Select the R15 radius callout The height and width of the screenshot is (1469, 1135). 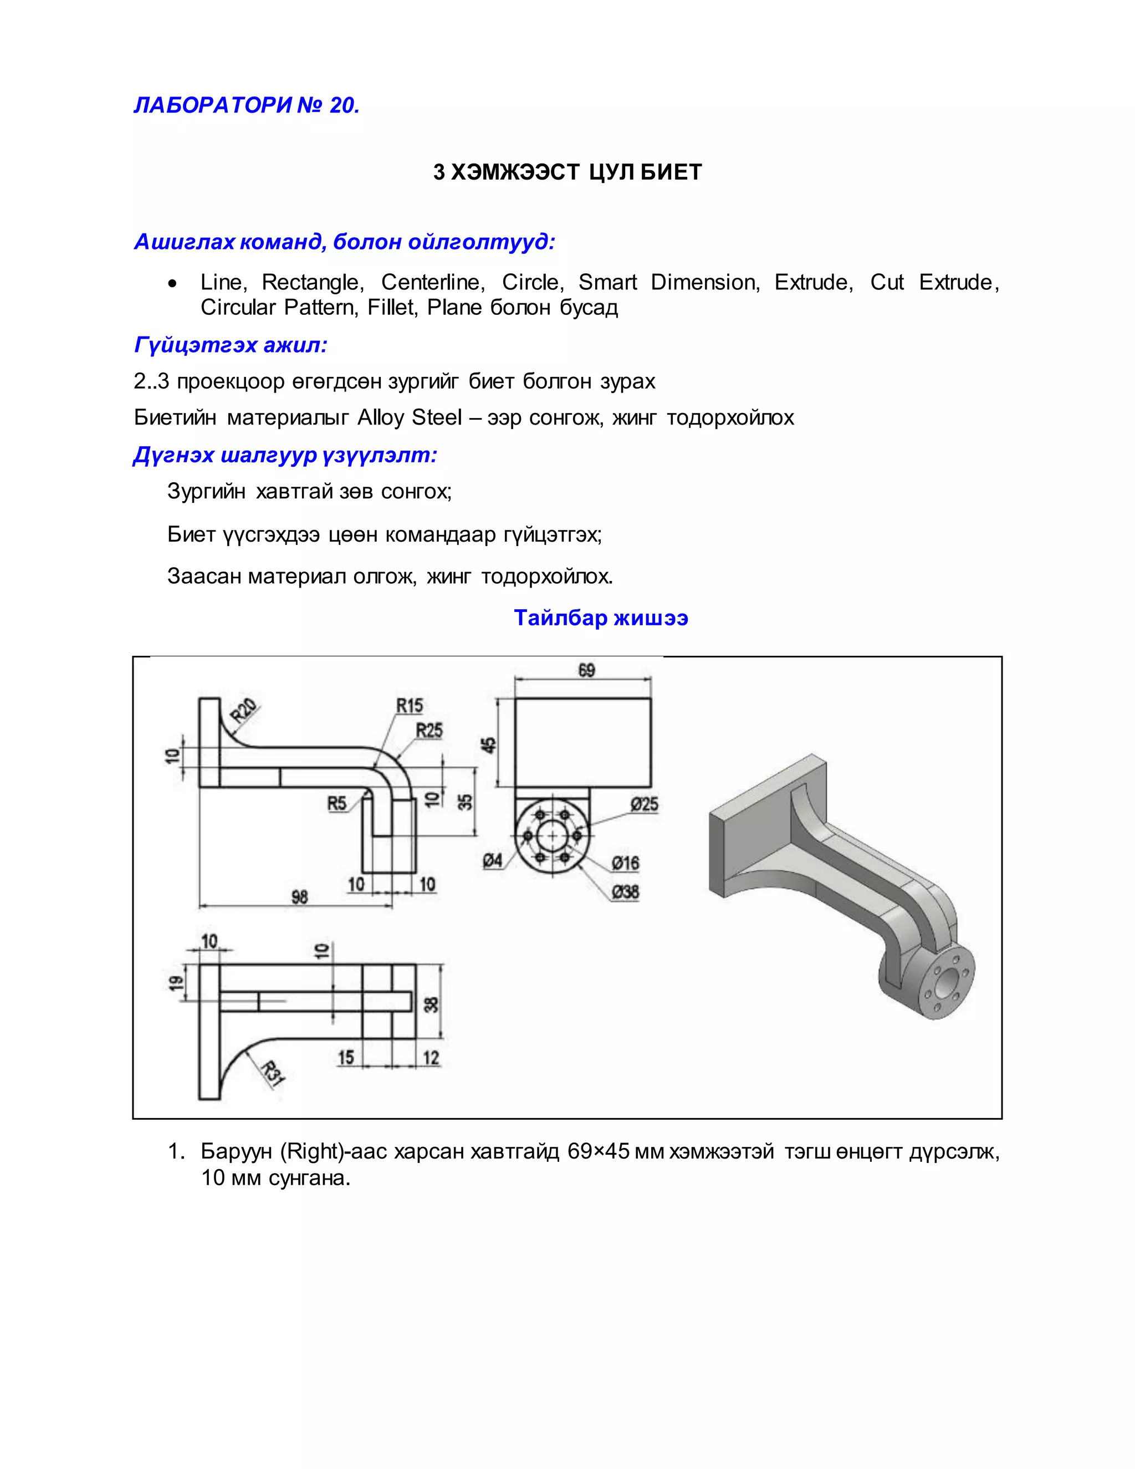pos(409,706)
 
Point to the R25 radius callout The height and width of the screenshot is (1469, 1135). pos(429,731)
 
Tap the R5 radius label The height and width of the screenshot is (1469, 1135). pos(336,803)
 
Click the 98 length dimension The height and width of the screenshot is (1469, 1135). pos(299,896)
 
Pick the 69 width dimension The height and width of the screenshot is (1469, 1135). pos(586,670)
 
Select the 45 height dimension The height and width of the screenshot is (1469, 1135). pos(489,744)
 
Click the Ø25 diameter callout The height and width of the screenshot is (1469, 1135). pos(643,804)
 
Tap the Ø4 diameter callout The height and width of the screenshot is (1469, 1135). pos(492,860)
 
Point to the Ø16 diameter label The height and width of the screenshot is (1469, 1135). pos(625,863)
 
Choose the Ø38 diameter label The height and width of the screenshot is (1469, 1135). pos(625,892)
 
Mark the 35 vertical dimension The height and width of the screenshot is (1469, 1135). pos(464,802)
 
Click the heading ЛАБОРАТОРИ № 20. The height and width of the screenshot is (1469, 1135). pos(247,105)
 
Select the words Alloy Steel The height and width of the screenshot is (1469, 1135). pos(409,418)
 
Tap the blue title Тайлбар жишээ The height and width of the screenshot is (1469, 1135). pos(600,618)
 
